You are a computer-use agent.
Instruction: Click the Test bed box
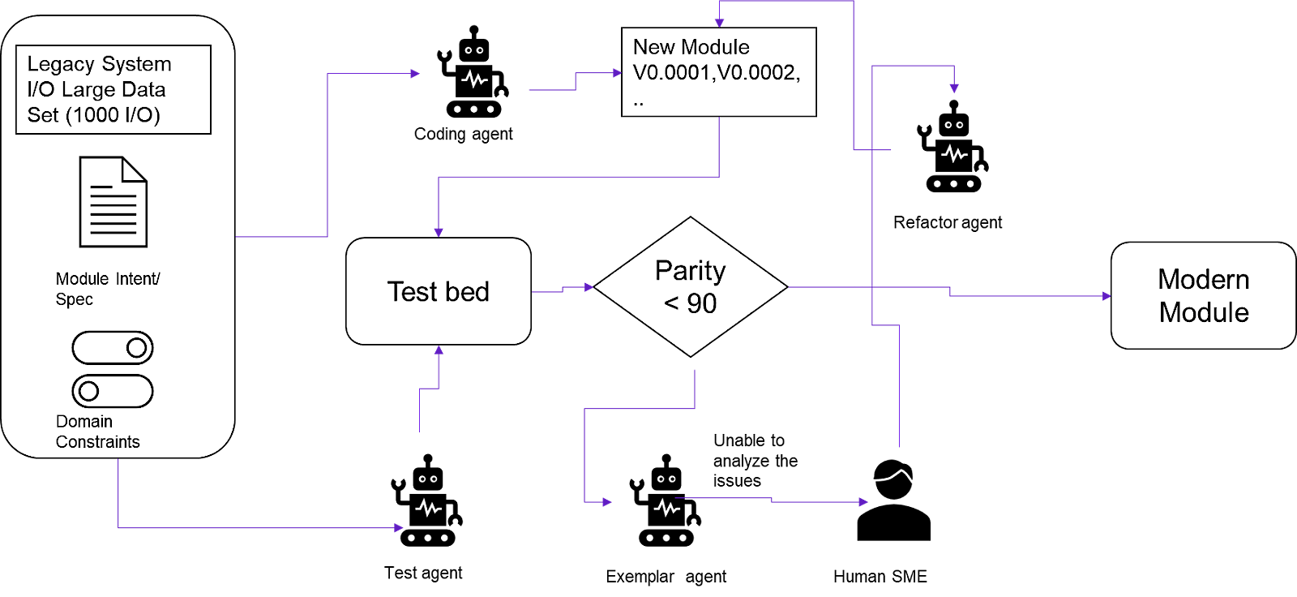(x=439, y=291)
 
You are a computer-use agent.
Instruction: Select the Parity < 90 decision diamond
(x=691, y=286)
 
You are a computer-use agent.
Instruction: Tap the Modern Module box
(x=1203, y=295)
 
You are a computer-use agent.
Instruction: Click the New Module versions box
(x=718, y=72)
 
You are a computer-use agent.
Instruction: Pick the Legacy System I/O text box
(x=113, y=89)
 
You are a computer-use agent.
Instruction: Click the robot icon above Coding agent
(x=473, y=72)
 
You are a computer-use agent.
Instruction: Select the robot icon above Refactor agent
(x=953, y=147)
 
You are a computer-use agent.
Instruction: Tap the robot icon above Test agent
(x=427, y=500)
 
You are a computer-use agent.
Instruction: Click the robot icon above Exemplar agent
(x=666, y=500)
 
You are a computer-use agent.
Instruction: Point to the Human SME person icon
(x=893, y=500)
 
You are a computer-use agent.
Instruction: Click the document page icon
(x=113, y=202)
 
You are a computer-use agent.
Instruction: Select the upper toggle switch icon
(x=113, y=348)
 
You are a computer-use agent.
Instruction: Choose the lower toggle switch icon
(x=113, y=391)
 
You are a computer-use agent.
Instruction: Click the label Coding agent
(x=463, y=134)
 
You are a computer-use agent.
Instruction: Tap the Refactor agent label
(x=948, y=222)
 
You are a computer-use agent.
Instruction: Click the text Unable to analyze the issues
(x=754, y=461)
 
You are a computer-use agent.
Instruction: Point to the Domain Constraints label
(x=97, y=432)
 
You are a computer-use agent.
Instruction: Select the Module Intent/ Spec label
(x=107, y=289)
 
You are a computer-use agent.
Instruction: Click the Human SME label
(x=880, y=577)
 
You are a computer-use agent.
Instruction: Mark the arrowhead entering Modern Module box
(x=1107, y=296)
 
